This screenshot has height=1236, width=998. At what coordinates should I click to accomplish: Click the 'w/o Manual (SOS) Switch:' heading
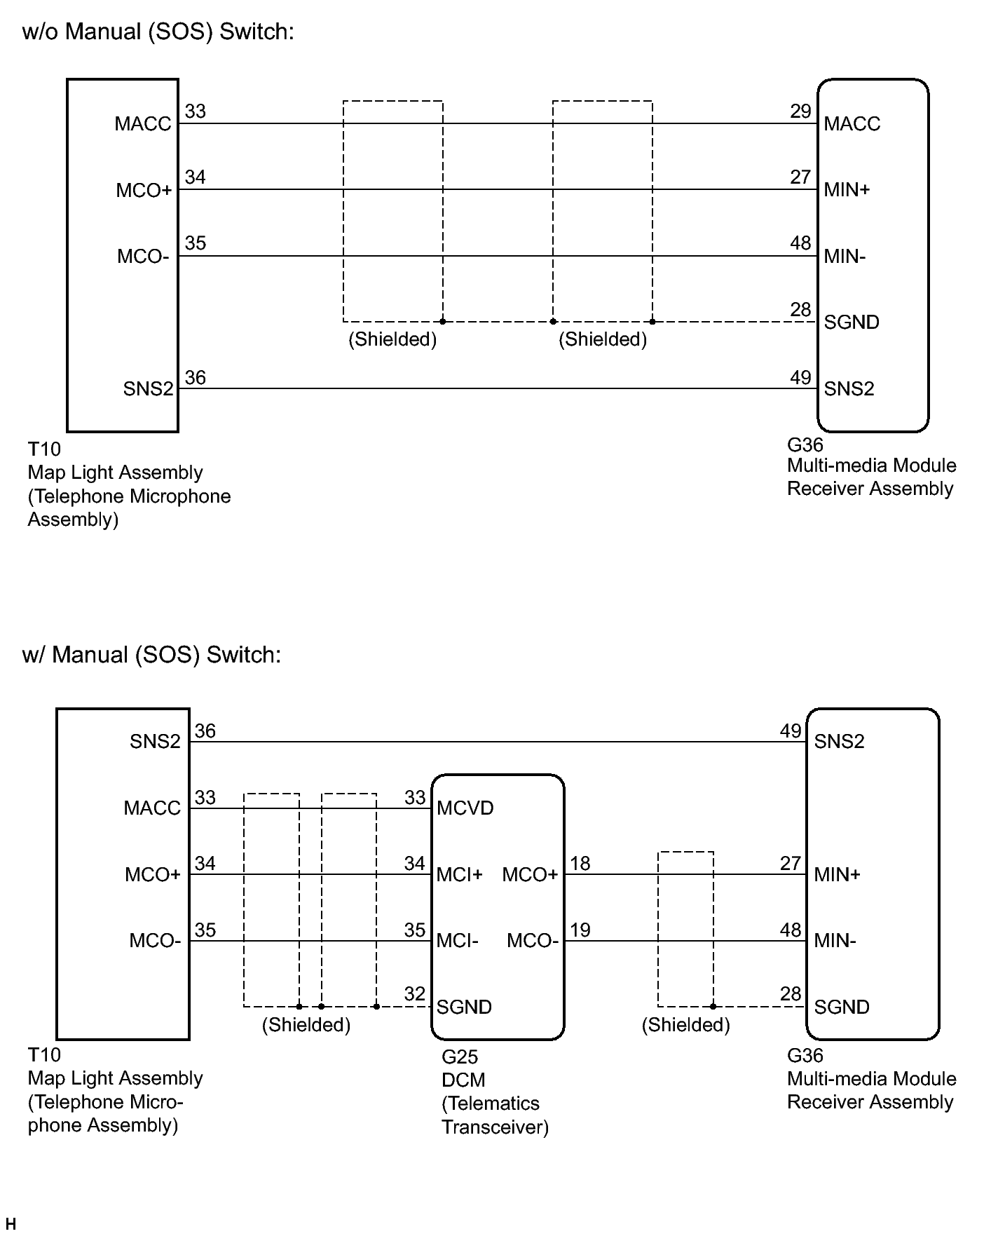coord(158,32)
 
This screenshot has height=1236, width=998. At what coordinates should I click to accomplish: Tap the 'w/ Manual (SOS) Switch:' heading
coord(151,654)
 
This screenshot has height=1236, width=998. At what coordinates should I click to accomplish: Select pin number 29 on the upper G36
coord(800,111)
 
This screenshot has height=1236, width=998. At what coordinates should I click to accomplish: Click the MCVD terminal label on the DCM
coord(465,808)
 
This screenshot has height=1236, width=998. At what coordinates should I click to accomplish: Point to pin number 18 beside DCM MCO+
coord(580,864)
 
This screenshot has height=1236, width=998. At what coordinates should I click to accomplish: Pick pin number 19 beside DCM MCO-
coord(580,930)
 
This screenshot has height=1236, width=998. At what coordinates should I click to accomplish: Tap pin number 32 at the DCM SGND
coord(415,993)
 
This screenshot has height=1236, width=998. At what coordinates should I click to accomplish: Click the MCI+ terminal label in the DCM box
coord(460,875)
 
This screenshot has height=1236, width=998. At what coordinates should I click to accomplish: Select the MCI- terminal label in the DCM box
coord(458,941)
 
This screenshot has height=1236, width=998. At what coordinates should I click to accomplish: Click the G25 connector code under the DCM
coord(459,1057)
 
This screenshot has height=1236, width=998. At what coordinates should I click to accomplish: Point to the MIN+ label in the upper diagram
coord(847,189)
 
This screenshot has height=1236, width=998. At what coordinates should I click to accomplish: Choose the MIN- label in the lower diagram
coord(835,941)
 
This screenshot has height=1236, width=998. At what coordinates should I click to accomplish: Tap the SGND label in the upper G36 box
coord(852,322)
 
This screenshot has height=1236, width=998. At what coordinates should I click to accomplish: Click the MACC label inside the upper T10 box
coord(143,124)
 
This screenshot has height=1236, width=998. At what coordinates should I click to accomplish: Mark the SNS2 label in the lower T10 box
coord(155,742)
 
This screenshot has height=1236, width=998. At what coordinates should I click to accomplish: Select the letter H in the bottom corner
coord(10,1224)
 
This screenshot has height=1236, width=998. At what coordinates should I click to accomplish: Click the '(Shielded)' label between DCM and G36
coord(685,1025)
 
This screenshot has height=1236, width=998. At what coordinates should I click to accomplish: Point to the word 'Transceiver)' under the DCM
coord(495,1127)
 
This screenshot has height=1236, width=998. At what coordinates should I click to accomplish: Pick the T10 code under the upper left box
coord(44,449)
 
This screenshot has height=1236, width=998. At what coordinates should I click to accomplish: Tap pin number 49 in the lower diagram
coord(791,731)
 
